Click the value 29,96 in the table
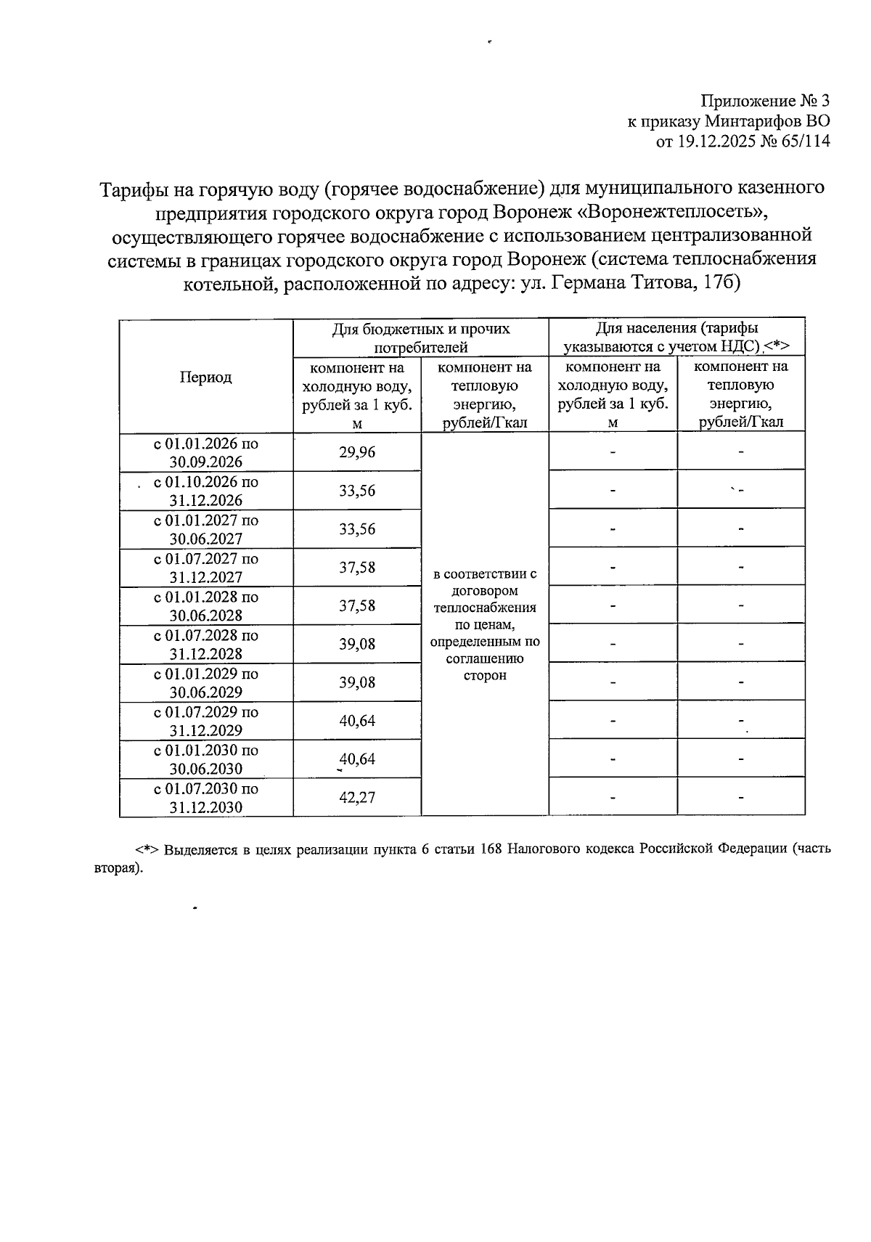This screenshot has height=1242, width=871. pyautogui.click(x=357, y=453)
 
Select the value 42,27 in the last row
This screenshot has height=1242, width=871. pyautogui.click(x=357, y=798)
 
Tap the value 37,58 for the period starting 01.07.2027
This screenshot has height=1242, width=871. pyautogui.click(x=357, y=568)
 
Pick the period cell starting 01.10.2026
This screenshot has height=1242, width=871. pyautogui.click(x=205, y=491)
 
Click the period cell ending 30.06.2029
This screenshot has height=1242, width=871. pyautogui.click(x=205, y=683)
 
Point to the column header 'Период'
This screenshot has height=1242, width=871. pyautogui.click(x=205, y=377)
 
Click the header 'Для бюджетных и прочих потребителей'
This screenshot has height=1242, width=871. pyautogui.click(x=420, y=338)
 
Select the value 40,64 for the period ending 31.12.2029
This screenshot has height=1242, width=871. pyautogui.click(x=357, y=722)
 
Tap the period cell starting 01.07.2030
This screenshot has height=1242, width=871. pyautogui.click(x=205, y=798)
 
